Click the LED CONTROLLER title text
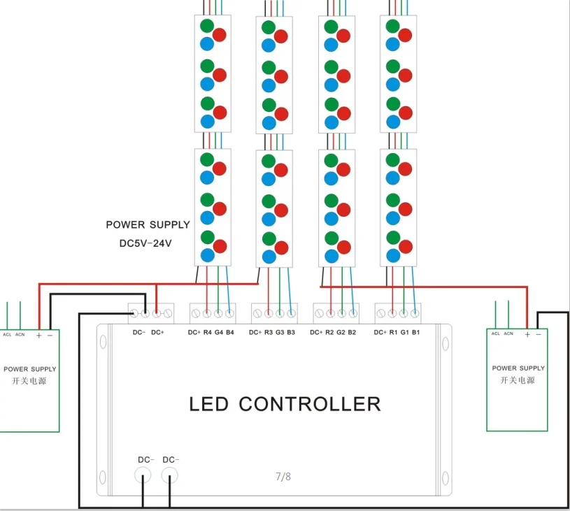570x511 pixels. (285, 404)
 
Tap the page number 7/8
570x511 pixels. (283, 477)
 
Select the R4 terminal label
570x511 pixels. (207, 332)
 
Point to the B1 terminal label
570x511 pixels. (416, 332)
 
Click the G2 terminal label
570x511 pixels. (341, 332)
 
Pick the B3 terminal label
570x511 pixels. (291, 332)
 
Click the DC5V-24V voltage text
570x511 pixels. (145, 243)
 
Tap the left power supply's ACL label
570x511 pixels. (7, 334)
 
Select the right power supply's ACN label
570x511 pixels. (508, 333)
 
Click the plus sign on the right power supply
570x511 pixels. (527, 334)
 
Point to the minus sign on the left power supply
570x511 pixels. (50, 336)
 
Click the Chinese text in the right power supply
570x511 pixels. (518, 380)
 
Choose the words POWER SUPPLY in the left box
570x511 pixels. (30, 369)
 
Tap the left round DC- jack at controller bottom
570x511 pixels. (143, 475)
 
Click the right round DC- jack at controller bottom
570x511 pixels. (170, 475)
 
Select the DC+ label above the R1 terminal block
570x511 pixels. (380, 332)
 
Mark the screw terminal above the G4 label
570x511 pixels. (218, 313)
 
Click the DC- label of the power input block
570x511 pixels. (139, 332)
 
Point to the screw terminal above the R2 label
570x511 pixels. (330, 313)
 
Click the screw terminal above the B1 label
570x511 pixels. (415, 313)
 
